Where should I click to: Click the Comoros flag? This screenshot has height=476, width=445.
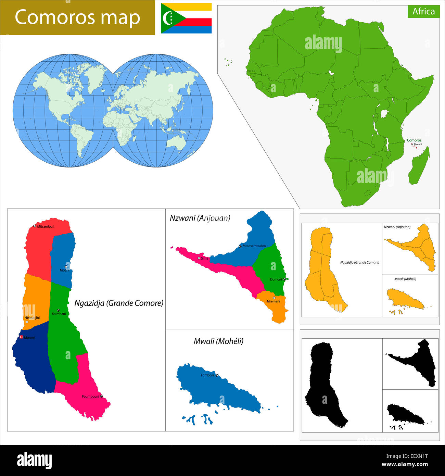186,18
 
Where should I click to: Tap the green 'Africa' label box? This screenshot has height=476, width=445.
423,11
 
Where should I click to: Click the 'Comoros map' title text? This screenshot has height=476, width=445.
77,17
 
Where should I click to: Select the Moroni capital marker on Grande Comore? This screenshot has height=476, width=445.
21,337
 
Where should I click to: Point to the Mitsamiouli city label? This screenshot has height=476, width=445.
46,226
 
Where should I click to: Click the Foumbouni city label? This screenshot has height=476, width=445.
90,397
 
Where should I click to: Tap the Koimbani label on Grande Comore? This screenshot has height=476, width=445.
59,314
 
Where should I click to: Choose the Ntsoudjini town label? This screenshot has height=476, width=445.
32,318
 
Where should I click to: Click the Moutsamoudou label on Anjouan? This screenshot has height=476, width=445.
254,246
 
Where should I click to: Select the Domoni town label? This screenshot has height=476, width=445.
276,279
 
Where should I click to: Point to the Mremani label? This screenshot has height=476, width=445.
274,301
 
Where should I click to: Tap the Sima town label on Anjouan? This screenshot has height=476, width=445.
204,258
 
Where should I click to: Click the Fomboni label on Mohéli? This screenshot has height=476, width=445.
207,375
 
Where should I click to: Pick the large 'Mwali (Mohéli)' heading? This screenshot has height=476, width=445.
218,341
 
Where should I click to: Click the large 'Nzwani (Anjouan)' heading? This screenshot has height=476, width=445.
200,218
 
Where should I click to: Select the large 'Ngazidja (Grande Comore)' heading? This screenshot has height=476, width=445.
119,303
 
